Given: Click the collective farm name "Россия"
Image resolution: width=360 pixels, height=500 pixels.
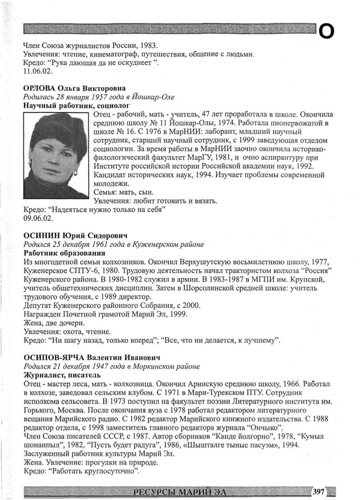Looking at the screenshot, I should coord(316,270).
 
